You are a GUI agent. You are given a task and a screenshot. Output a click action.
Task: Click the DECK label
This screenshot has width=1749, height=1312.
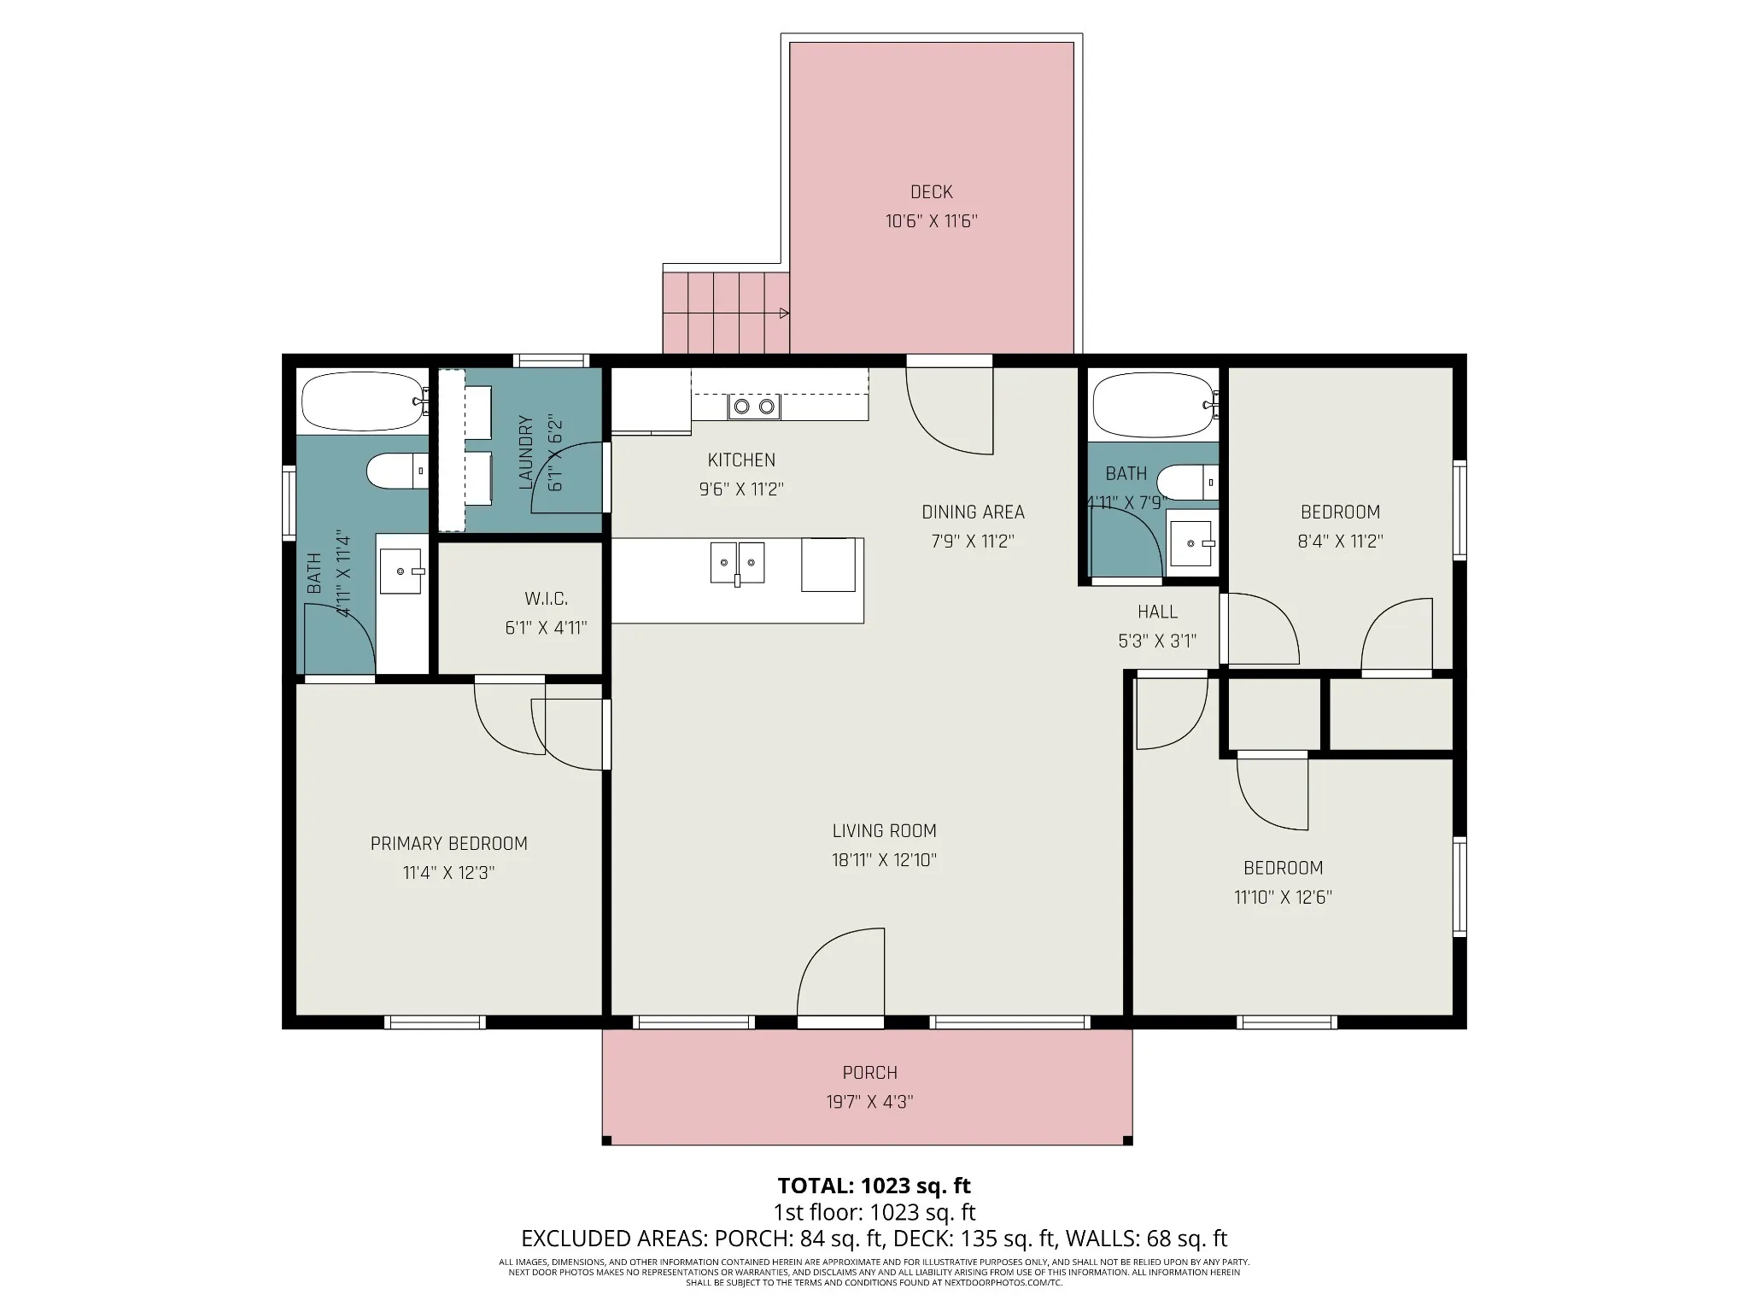pos(931,192)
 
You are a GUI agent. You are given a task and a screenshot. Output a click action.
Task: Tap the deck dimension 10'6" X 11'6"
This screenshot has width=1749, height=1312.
pos(931,221)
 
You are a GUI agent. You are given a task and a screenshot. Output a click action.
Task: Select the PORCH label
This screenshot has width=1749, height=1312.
pos(869,1073)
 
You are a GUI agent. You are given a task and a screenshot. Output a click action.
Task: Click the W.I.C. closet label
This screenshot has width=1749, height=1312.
pos(546,599)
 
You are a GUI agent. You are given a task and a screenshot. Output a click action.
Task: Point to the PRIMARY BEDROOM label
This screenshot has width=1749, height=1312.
pos(449,844)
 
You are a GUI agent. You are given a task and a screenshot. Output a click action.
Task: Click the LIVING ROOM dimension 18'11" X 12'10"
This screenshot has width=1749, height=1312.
pos(885,860)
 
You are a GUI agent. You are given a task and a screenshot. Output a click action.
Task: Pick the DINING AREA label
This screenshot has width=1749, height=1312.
pos(973,512)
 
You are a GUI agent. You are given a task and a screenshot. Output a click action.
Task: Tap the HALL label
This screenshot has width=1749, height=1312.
pos(1157,612)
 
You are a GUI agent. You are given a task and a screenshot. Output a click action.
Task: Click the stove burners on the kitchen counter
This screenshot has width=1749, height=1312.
pos(754,407)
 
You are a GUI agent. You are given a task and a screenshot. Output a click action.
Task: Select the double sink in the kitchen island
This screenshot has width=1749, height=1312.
pos(737,564)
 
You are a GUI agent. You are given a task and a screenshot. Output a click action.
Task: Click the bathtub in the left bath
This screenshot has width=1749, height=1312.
pos(365,401)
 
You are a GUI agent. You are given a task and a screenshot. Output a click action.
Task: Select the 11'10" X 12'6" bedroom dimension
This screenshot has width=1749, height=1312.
pos(1283,898)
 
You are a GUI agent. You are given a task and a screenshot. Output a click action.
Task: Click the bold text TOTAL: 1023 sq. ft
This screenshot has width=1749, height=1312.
pos(874,1186)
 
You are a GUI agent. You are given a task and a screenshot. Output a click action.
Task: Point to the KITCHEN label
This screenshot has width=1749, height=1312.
pos(741,460)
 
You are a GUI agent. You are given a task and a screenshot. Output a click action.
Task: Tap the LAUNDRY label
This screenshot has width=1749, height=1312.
pos(526,453)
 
